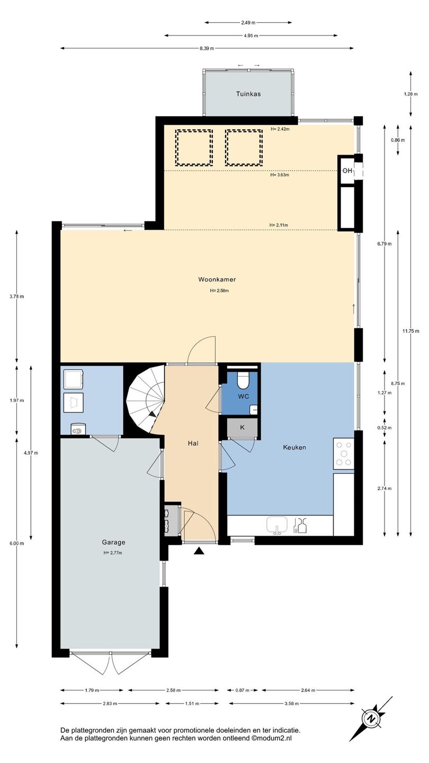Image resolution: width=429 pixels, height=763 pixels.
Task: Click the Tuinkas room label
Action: pos(248,94)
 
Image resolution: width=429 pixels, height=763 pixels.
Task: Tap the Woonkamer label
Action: pos(217,279)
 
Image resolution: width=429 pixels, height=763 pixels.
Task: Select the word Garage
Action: pos(113,542)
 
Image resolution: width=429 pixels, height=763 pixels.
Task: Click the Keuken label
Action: pos(294,447)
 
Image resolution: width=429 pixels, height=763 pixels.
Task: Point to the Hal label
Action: pos(193,443)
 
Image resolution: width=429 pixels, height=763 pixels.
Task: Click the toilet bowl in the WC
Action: pos(244,380)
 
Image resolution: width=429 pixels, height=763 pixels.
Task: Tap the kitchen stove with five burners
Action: pos(344,454)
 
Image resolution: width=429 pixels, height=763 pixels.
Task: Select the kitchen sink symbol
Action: pos(277,525)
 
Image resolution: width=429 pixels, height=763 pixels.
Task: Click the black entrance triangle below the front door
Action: pos(199,551)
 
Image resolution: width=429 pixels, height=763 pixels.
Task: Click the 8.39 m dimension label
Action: pos(207,48)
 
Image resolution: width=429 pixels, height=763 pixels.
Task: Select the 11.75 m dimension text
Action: pos(410,331)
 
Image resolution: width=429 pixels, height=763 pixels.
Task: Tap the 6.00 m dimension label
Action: pos(17,543)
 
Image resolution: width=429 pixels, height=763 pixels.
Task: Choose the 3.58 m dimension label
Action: pos(292,703)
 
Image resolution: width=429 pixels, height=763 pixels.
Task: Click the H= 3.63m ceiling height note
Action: pos(280,175)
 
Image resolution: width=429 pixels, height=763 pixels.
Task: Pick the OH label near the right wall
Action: pos(347,171)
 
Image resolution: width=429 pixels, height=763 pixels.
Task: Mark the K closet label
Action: pos(243,427)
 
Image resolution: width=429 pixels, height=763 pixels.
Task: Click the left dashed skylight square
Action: pos(194,147)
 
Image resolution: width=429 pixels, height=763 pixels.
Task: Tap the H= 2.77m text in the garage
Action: pos(113,553)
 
